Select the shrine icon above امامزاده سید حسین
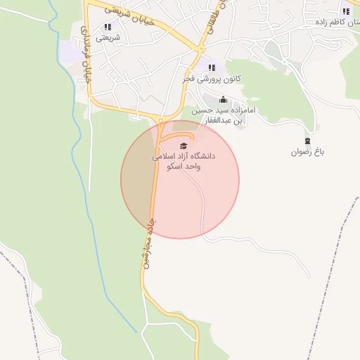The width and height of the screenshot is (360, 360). [x=223, y=99]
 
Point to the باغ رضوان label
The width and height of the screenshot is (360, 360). [x=307, y=151]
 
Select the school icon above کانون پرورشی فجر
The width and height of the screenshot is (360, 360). [x=211, y=67]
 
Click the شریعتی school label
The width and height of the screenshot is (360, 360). [x=108, y=37]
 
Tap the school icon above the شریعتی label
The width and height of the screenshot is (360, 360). [x=108, y=27]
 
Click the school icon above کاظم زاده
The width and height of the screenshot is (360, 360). [x=345, y=11]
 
